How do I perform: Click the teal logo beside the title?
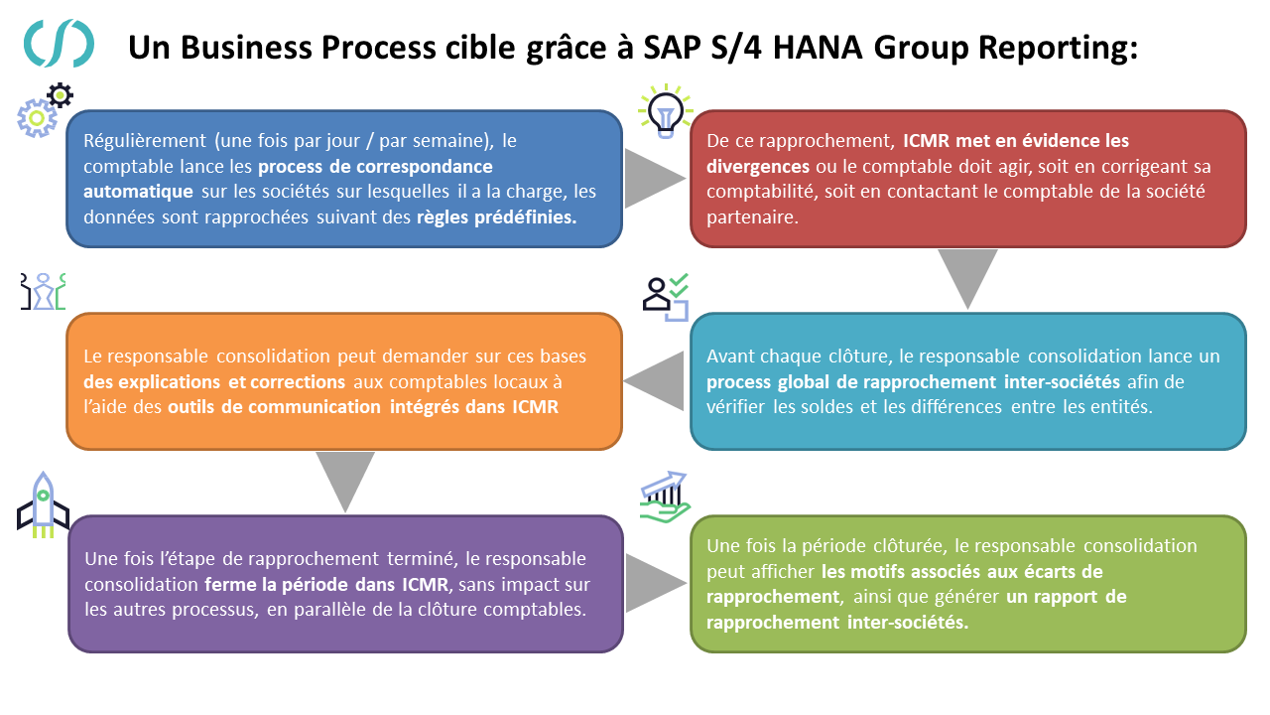59,43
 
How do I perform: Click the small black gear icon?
61,95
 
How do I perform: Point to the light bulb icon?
665,111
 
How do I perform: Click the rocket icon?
43,505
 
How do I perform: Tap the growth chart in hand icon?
665,498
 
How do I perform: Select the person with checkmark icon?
666,297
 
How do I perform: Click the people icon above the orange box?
43,292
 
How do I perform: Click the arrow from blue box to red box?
654,178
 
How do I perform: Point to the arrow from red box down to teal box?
967,279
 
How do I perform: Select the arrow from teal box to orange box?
654,380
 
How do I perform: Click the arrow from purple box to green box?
656,583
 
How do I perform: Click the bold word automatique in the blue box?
138,192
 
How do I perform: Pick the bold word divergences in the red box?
758,166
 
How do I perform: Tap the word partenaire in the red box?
752,216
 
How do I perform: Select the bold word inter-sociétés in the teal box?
1062,381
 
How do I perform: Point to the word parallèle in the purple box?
329,610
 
